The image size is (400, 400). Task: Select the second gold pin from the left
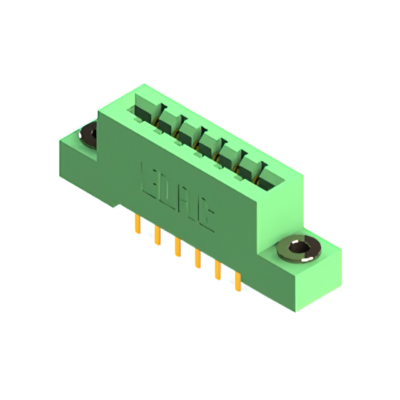(x=157, y=236)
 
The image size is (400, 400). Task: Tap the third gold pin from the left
(x=177, y=247)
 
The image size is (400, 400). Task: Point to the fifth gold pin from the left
(x=217, y=270)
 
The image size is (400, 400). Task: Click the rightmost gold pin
(x=237, y=281)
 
